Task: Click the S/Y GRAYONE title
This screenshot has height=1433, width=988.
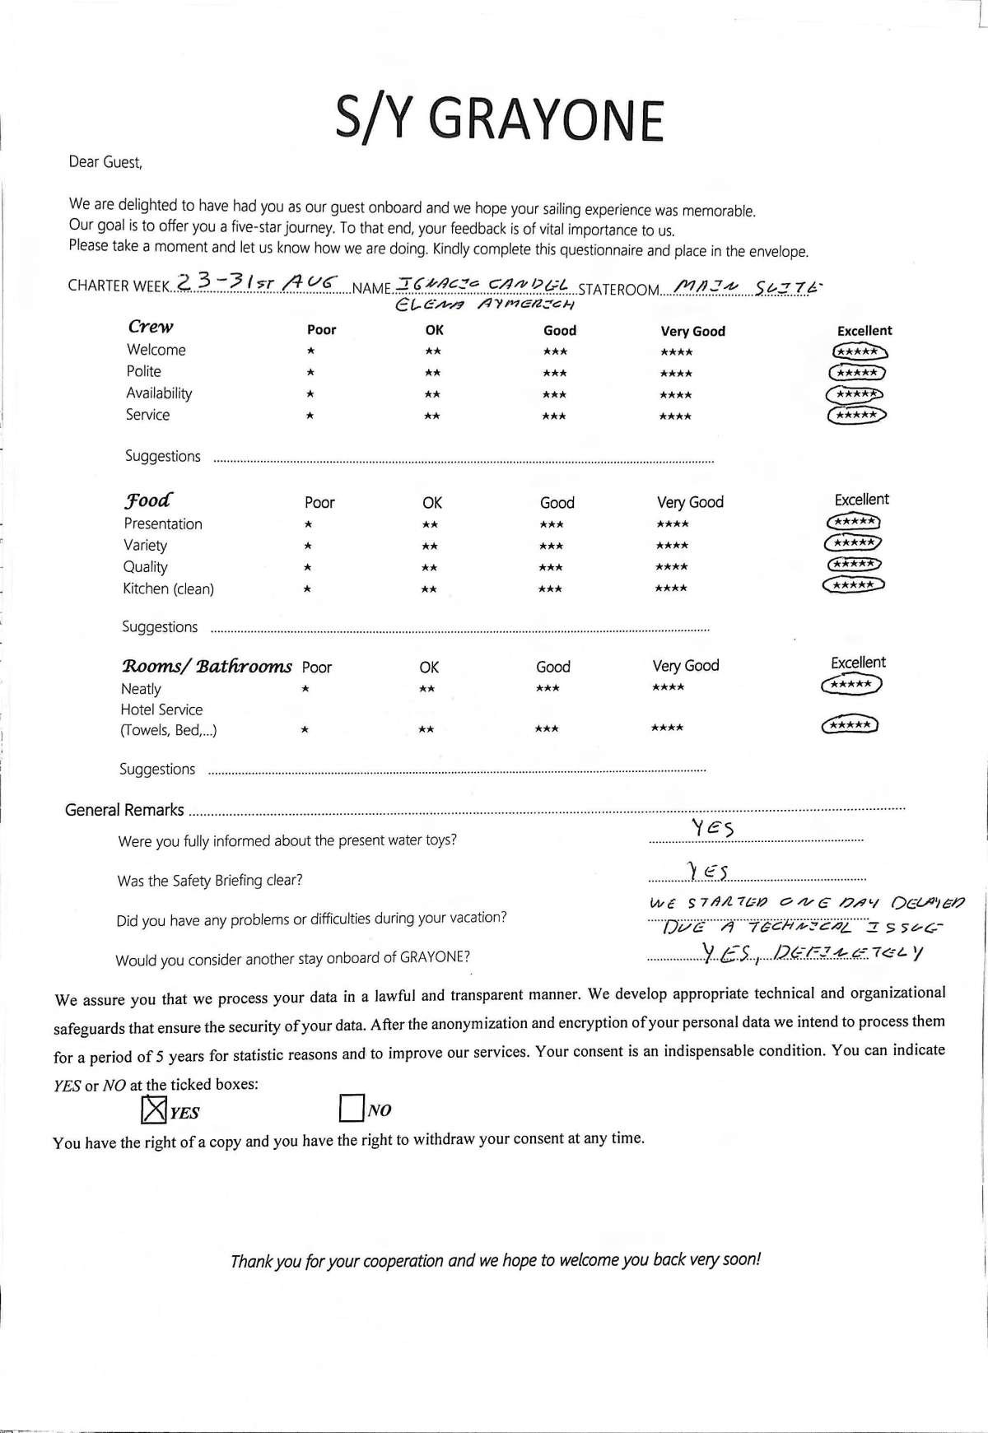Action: tap(499, 119)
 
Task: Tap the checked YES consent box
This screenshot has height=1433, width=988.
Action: tap(154, 1111)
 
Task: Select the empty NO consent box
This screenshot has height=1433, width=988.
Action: tap(351, 1109)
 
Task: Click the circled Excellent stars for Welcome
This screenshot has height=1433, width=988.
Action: tap(860, 351)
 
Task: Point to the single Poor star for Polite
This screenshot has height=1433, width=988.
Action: tap(310, 373)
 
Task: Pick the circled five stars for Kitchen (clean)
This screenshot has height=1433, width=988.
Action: tap(854, 585)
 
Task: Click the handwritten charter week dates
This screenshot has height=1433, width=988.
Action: tap(259, 282)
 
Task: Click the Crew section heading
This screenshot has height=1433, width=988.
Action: tap(151, 327)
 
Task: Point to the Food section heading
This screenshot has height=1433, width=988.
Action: tap(148, 500)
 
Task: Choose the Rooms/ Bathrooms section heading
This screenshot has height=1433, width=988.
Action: tap(207, 666)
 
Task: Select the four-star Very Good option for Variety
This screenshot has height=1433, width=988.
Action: tap(673, 546)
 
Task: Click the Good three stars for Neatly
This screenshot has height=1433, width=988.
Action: tap(548, 688)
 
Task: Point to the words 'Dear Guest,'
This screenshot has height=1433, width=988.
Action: tap(105, 162)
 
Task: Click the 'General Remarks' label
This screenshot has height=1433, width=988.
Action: tap(124, 810)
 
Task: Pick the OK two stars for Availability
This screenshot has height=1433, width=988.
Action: tap(432, 394)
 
